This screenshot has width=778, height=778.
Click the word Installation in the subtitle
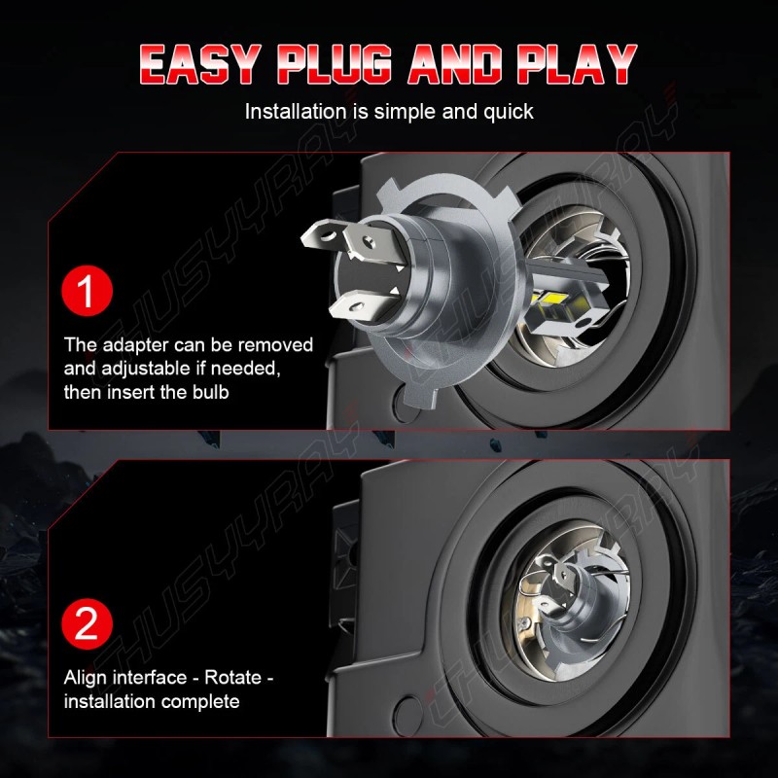click(x=298, y=112)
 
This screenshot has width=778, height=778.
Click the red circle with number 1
click(x=88, y=293)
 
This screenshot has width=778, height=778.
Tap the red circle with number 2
click(x=88, y=623)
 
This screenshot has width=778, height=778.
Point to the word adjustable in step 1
click(x=155, y=370)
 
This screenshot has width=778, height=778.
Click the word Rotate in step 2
click(x=233, y=677)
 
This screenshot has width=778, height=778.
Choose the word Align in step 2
click(x=88, y=677)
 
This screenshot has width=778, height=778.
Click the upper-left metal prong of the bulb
click(x=327, y=234)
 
